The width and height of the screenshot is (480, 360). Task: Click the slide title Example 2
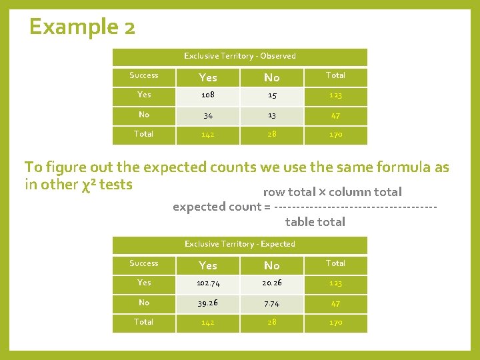click(x=83, y=27)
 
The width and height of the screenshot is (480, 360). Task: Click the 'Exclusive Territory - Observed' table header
click(x=240, y=56)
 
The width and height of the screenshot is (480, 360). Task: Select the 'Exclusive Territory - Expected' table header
click(x=240, y=244)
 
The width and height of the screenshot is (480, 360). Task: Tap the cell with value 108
click(x=208, y=95)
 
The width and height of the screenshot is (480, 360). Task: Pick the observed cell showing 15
click(x=272, y=95)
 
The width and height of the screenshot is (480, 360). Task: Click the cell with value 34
click(x=208, y=115)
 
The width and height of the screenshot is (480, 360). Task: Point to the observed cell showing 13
click(x=272, y=115)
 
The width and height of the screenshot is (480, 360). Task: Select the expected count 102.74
click(x=208, y=283)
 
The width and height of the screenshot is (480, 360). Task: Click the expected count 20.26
click(x=272, y=283)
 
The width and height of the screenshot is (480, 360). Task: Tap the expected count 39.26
click(x=208, y=303)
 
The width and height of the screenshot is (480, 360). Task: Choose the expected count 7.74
click(x=272, y=303)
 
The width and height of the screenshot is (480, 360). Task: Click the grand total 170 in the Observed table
click(x=335, y=135)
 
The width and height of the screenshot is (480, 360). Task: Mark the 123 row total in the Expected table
click(x=335, y=283)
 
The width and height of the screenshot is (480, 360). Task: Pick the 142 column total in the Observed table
click(x=208, y=135)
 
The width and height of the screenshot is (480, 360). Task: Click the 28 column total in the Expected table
click(x=272, y=323)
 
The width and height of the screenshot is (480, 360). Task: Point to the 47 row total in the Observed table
click(x=335, y=115)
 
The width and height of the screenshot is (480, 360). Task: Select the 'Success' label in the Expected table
click(x=144, y=263)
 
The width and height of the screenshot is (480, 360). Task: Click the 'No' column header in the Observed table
click(x=272, y=77)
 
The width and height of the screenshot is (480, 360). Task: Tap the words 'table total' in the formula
click(x=315, y=222)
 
